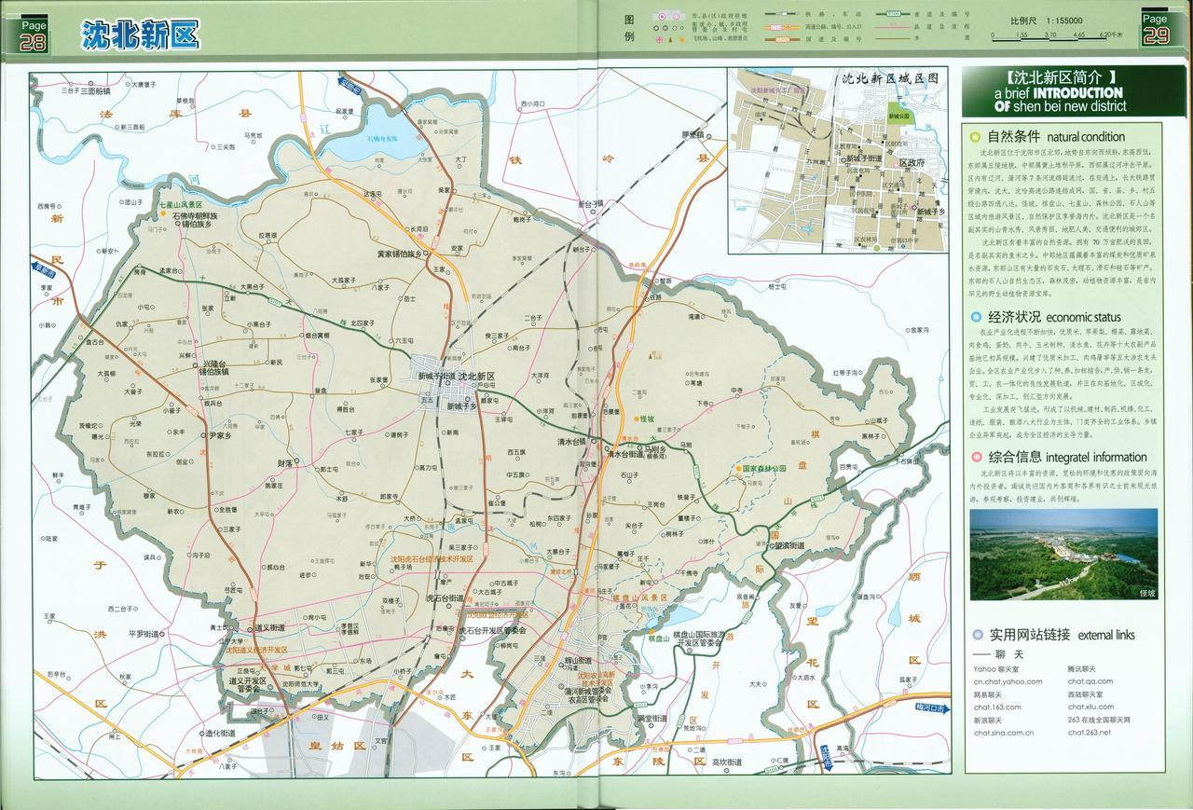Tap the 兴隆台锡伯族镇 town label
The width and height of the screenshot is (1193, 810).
226,365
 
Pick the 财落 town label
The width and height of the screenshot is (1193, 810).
284,462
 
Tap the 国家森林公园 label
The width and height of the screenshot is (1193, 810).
763,468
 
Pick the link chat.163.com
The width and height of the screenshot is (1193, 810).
997,707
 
